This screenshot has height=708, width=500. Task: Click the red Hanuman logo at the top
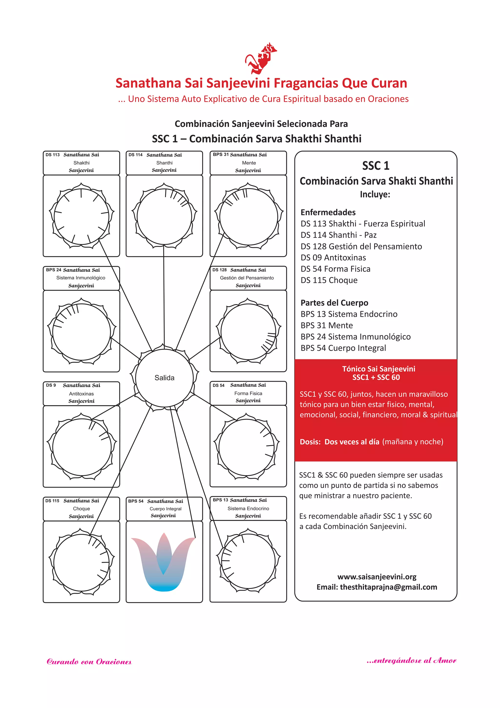click(261, 59)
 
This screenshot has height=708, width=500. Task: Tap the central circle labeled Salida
click(164, 378)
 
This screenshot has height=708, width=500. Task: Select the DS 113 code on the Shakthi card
click(53, 155)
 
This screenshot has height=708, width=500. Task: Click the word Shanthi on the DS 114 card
click(164, 163)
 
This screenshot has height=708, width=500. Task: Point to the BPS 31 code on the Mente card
click(220, 155)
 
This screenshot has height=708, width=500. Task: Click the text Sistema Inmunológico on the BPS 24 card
click(81, 278)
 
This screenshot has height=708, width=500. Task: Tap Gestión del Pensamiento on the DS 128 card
click(247, 278)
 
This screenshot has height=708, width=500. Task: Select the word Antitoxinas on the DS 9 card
click(81, 394)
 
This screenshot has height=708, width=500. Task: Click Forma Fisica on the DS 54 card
click(248, 393)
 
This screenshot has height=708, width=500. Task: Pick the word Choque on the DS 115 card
click(81, 509)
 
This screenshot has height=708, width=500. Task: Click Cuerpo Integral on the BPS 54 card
click(165, 509)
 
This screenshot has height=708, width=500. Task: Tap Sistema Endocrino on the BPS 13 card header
click(248, 508)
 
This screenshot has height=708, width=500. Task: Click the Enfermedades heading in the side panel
click(328, 213)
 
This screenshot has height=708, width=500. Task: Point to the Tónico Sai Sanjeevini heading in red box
click(378, 369)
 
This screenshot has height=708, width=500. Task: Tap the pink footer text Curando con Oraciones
click(89, 662)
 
